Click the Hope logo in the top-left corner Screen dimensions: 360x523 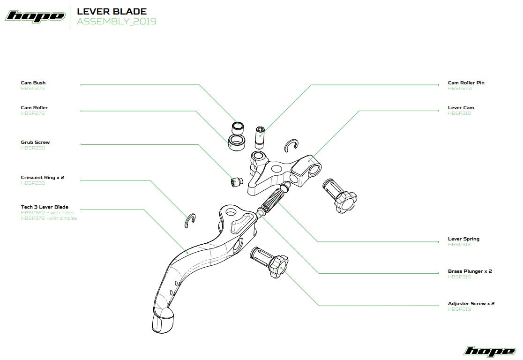pyautogui.click(x=35, y=16)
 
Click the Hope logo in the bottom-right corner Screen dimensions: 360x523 pyautogui.click(x=489, y=351)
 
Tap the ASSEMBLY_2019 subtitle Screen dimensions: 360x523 pyautogui.click(x=117, y=22)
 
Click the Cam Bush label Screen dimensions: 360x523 pyautogui.click(x=33, y=83)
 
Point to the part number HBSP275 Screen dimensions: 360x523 pyautogui.click(x=33, y=113)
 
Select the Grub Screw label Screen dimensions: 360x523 pyautogui.click(x=35, y=142)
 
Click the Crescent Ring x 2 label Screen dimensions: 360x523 pyautogui.click(x=42, y=178)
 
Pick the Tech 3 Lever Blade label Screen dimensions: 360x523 pyautogui.click(x=45, y=207)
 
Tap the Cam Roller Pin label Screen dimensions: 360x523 pyautogui.click(x=466, y=83)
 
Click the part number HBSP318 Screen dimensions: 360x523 pyautogui.click(x=459, y=113)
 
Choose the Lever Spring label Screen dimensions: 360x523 pyautogui.click(x=463, y=239)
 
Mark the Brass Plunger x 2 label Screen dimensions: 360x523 pyautogui.click(x=470, y=271)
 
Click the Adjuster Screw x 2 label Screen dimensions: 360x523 pyautogui.click(x=471, y=303)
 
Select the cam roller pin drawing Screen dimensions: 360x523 pyautogui.click(x=260, y=136)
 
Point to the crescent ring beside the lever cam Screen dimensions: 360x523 pyautogui.click(x=292, y=146)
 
